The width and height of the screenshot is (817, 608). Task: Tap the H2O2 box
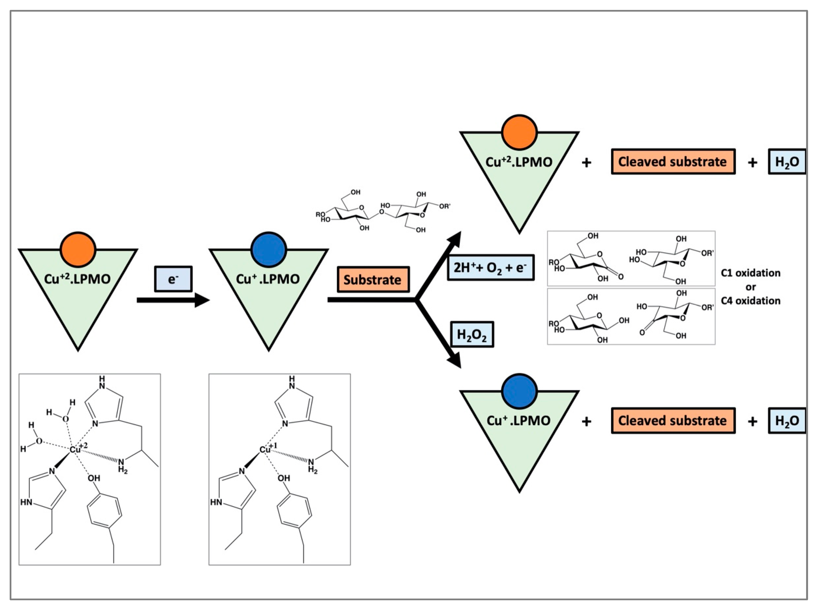pos(472,335)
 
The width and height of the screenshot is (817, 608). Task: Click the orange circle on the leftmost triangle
pos(78,249)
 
